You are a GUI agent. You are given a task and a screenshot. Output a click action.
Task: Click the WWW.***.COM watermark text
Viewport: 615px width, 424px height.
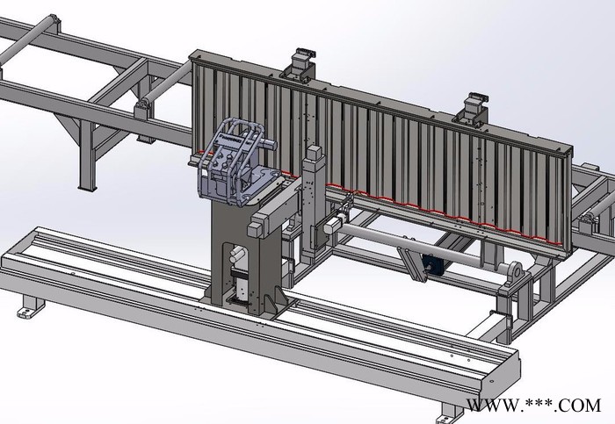tap(533, 406)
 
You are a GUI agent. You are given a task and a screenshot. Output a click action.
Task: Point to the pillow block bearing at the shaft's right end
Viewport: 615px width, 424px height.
tap(515, 274)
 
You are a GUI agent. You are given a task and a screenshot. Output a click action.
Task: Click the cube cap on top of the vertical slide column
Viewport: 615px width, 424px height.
tap(315, 154)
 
